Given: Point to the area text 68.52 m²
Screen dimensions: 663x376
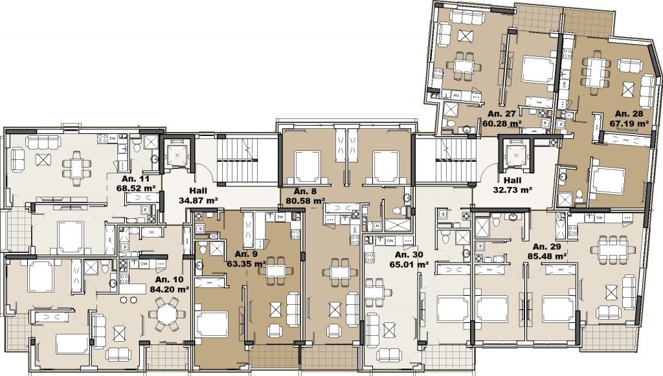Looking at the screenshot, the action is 136,187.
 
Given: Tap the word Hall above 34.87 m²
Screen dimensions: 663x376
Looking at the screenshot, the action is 198,190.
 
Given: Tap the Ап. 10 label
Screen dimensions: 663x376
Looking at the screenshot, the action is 169,280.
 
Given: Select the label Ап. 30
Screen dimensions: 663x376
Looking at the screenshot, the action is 409,255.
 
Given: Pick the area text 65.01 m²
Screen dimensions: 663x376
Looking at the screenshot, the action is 409,265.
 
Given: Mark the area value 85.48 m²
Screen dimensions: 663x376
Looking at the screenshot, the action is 547,256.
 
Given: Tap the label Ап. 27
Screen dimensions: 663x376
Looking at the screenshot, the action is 502,114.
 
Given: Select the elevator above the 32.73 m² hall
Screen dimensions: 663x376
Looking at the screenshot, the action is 515,155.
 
